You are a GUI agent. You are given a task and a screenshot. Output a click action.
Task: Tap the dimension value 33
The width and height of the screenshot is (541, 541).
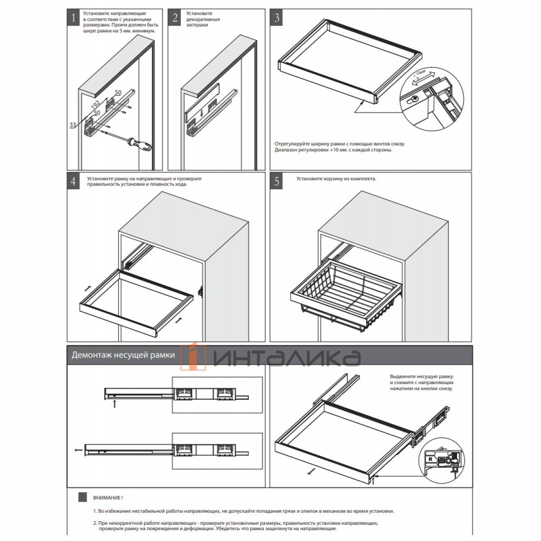click(73, 125)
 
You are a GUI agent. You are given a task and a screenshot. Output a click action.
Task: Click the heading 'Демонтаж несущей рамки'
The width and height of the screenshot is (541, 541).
click(123, 355)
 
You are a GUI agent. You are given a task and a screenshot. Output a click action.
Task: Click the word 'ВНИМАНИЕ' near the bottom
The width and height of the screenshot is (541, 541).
click(107, 498)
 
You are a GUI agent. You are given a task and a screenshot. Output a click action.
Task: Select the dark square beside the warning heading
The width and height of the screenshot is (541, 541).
click(83, 497)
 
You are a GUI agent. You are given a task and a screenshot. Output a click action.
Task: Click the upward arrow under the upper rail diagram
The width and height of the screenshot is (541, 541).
click(115, 404)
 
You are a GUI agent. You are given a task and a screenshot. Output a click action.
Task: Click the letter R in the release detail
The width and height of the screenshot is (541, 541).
click(430, 460)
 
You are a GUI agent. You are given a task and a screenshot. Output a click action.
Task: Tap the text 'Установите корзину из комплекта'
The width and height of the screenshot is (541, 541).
click(336, 179)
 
